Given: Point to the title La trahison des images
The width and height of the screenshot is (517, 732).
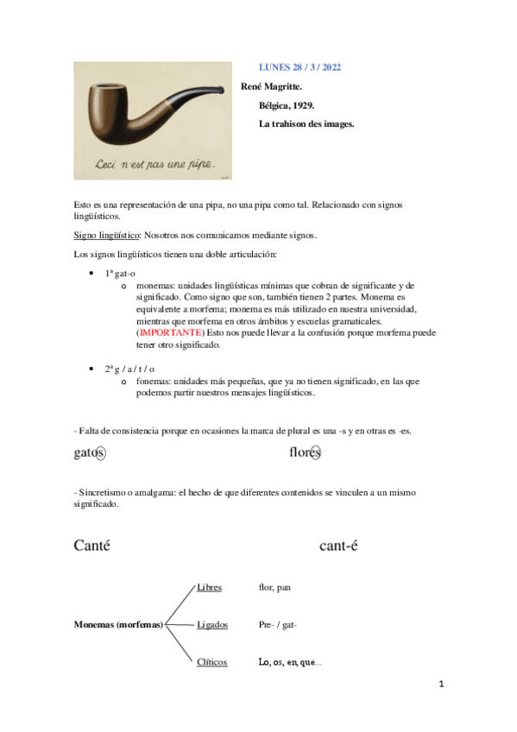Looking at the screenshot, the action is pyautogui.click(x=306, y=123).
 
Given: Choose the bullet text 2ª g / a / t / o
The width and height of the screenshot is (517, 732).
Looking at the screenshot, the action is pyautogui.click(x=129, y=369).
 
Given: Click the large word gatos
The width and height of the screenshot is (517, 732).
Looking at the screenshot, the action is pyautogui.click(x=90, y=452).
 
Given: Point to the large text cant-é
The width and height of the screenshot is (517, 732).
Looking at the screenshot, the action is pyautogui.click(x=338, y=545).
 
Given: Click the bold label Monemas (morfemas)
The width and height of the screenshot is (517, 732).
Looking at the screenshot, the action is pyautogui.click(x=118, y=624).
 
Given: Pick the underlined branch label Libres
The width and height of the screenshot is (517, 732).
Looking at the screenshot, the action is pyautogui.click(x=209, y=587).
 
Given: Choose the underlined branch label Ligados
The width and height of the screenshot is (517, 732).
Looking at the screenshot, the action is pyautogui.click(x=212, y=624).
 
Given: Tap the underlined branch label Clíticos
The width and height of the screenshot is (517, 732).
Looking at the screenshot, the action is pyautogui.click(x=211, y=662).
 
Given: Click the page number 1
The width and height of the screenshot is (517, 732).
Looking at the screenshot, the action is pyautogui.click(x=440, y=685).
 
